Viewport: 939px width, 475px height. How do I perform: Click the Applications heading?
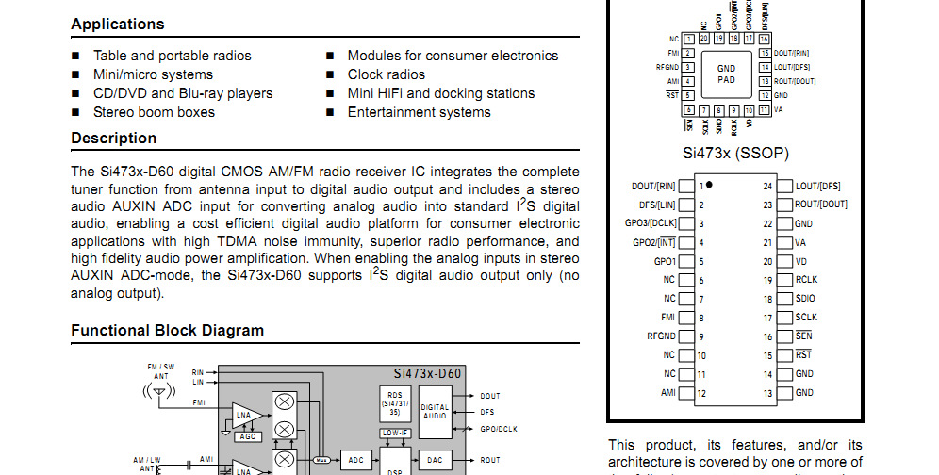[x=118, y=25]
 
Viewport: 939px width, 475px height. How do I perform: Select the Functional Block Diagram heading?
[x=167, y=331]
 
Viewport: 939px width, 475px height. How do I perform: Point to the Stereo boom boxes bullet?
[x=154, y=112]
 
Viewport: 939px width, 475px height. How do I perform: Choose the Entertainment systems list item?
[x=419, y=112]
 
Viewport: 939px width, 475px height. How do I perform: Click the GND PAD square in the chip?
[x=726, y=74]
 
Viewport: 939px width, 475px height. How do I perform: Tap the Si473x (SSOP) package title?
[x=736, y=153]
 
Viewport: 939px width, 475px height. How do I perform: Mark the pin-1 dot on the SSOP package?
[x=709, y=185]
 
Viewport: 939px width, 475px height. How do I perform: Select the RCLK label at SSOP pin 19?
[x=806, y=280]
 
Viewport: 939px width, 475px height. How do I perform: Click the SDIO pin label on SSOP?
[x=805, y=299]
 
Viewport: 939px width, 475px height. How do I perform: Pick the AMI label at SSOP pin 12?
[x=667, y=392]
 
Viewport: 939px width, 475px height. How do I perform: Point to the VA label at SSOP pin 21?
[x=800, y=242]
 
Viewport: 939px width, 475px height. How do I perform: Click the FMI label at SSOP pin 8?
[x=667, y=318]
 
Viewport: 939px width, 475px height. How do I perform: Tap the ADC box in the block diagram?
[x=355, y=460]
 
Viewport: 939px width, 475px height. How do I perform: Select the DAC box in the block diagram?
[x=434, y=460]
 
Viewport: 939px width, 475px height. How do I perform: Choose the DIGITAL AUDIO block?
[x=434, y=411]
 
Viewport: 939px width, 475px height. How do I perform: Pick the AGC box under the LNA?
[x=247, y=436]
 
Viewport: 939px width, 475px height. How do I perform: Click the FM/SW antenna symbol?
[x=159, y=389]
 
